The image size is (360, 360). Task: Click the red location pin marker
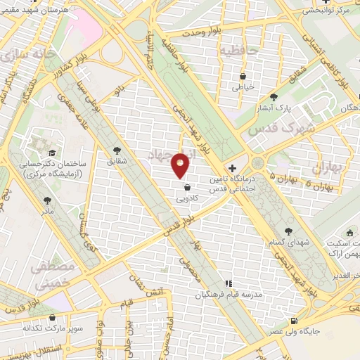tap(181, 165)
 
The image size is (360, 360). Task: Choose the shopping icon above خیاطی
tap(243, 76)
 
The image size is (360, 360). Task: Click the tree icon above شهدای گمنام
tap(288, 231)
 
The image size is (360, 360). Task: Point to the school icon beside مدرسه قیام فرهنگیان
tap(227, 283)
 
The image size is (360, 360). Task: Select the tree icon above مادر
tap(48, 200)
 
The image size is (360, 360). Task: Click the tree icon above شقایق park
tap(117, 150)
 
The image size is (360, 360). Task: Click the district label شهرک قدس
tap(271, 129)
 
